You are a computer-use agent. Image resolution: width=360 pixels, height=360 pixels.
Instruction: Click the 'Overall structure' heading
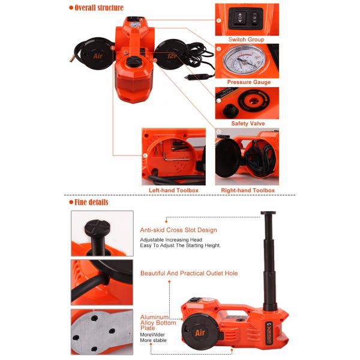tap(99, 8)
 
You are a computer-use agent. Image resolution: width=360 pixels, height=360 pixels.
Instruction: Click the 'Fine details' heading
tap(92, 202)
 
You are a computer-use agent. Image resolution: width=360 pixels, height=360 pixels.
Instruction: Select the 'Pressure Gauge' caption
tap(248, 82)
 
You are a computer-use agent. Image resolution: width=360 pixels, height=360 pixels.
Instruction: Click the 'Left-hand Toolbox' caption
tap(173, 190)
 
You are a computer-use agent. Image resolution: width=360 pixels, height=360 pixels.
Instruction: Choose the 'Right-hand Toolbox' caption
tap(247, 190)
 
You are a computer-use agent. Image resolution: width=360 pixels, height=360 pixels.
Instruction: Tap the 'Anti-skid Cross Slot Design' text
tap(178, 230)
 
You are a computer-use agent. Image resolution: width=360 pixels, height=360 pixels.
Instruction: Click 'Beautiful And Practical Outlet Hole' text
tap(189, 273)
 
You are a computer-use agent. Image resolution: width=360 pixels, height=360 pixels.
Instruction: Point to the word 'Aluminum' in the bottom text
tap(154, 316)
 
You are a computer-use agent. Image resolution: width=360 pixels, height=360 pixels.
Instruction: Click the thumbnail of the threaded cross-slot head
tap(99, 233)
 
